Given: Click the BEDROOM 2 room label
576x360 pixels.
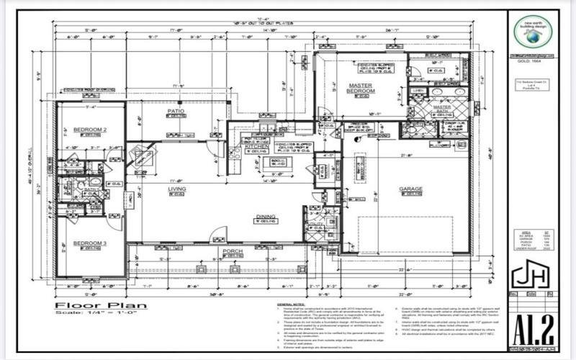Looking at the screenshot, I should click(x=89, y=130).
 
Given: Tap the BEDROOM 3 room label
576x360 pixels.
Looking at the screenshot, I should click(x=89, y=244).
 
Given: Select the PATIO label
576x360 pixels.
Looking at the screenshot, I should click(x=176, y=112).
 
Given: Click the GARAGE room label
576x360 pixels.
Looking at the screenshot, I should click(x=411, y=189).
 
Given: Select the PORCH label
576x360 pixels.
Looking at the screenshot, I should click(x=232, y=251).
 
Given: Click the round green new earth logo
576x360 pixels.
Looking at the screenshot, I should click(x=533, y=32).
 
